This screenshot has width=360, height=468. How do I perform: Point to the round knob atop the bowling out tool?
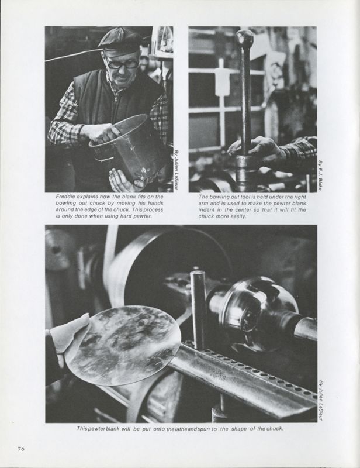244,37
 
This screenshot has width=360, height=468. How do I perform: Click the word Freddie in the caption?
65,197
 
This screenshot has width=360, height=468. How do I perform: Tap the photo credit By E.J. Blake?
320,175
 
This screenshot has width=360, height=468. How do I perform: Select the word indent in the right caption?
206,210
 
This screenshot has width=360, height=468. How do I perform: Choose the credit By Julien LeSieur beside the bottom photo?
321,400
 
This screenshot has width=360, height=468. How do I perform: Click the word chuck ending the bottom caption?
274,429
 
